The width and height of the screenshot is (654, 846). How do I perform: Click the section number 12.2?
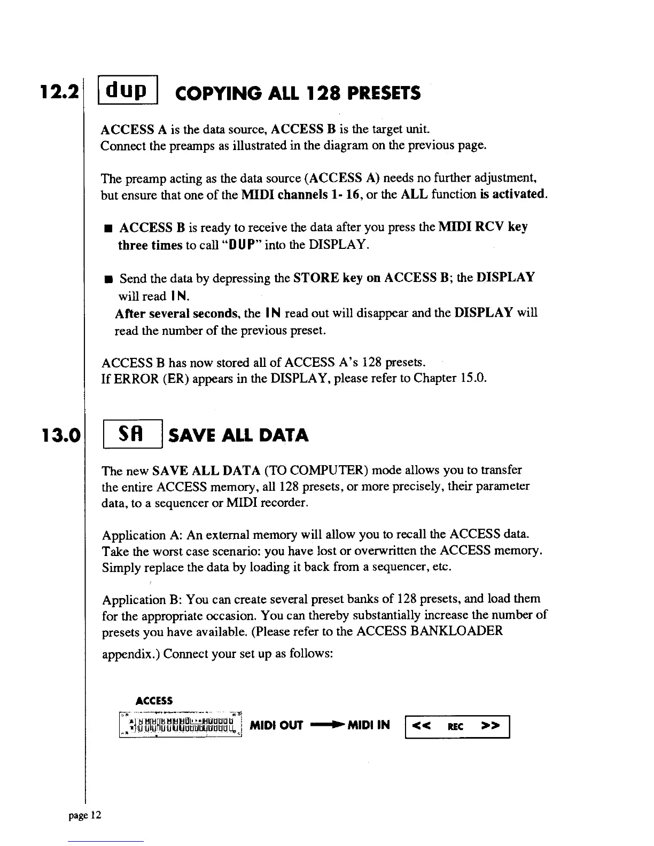59,92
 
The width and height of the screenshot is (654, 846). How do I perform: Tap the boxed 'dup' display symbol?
128,90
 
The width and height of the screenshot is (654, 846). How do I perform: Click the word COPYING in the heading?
218,93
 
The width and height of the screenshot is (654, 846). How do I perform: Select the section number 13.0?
61,435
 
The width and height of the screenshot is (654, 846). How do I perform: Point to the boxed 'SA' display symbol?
133,434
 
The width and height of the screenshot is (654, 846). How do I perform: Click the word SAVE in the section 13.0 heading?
192,435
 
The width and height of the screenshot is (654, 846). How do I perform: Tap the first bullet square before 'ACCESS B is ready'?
108,228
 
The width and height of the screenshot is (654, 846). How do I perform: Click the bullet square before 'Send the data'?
108,279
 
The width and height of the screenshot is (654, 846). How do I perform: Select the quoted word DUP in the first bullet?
242,245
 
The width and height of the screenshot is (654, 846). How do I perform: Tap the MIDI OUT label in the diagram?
276,725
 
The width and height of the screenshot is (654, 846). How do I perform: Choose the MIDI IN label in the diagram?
369,725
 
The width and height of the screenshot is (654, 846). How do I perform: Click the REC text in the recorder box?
455,727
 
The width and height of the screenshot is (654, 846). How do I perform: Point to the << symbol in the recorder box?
421,726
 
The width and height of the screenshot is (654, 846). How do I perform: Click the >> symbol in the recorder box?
490,726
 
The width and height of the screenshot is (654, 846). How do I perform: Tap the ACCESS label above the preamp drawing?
154,701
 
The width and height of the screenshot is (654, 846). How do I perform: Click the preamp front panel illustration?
181,725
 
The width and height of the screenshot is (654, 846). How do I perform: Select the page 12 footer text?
85,815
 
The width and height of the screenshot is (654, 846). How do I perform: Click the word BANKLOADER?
456,631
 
